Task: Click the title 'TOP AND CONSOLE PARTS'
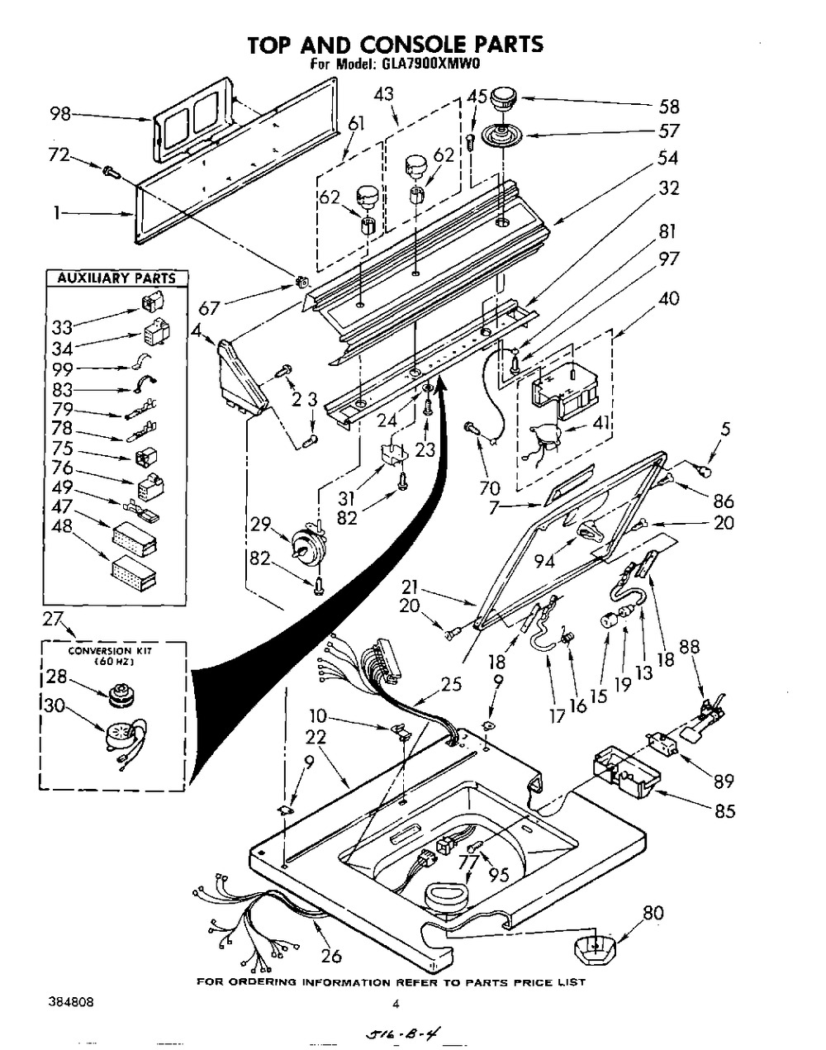coord(396,44)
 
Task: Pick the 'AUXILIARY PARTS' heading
coord(116,278)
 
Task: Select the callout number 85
coord(724,811)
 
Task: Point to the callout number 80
coord(653,913)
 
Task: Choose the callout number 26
coord(330,957)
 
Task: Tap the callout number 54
coord(669,157)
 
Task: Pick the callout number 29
coord(262,524)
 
